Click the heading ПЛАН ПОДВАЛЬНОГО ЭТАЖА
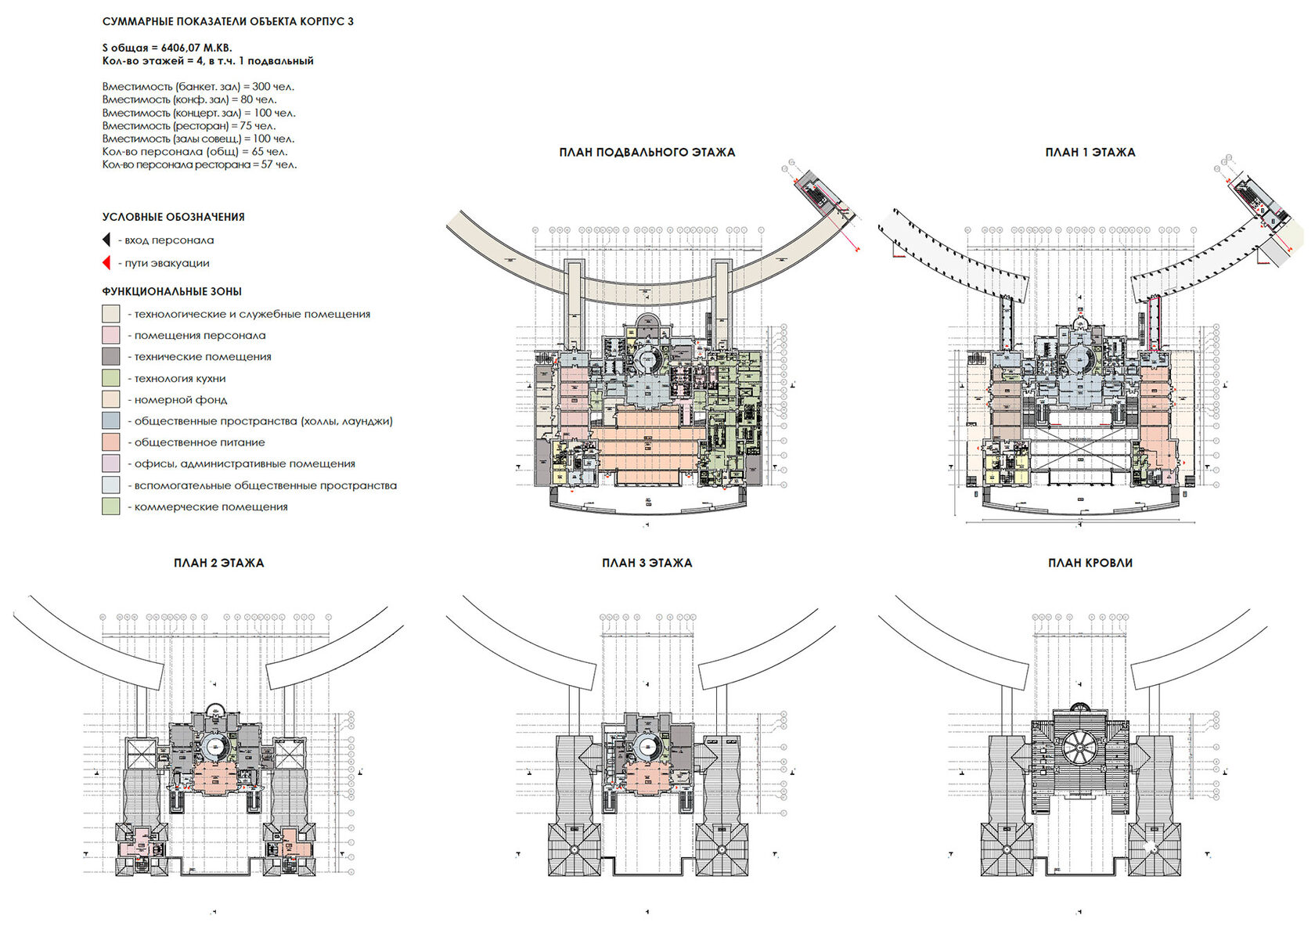pos(647,152)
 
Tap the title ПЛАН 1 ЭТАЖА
pos(1090,152)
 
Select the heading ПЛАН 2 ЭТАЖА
pos(218,562)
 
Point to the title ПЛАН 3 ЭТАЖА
pos(647,562)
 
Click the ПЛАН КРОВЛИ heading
pos(1090,562)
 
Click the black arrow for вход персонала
pos(106,240)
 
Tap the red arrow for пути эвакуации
pos(106,263)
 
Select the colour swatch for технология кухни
pos(110,378)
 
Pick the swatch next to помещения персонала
pos(110,335)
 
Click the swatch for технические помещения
pos(110,356)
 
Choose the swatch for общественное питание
pos(110,442)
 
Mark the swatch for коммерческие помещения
pos(110,506)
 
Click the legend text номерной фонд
pos(181,399)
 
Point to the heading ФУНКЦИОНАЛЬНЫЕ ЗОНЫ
pos(171,291)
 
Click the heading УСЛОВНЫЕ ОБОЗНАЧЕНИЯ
pos(173,217)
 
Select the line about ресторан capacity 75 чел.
pos(189,125)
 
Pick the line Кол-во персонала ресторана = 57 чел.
pos(199,164)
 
